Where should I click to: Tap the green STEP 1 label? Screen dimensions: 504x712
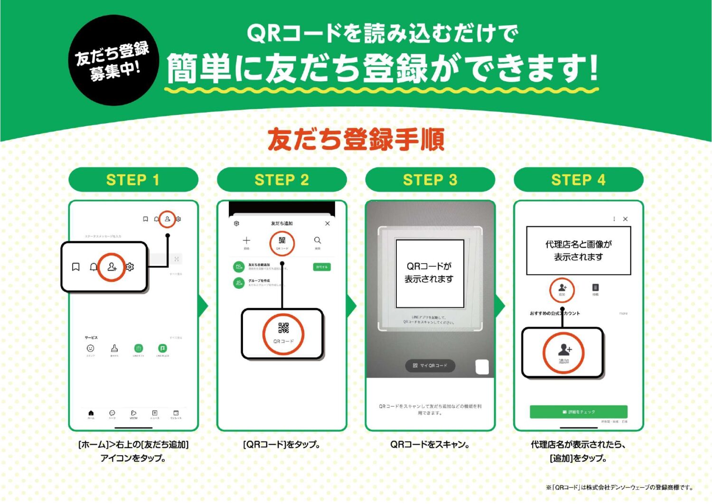133,180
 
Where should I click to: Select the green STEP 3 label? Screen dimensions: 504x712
430,180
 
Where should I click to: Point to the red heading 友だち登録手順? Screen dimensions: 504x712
356,139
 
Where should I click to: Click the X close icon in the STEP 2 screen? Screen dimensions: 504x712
328,223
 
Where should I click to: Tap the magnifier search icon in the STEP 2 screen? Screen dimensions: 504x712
318,240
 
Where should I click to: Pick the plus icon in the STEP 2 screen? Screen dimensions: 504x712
246,240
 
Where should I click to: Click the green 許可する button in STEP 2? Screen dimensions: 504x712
322,267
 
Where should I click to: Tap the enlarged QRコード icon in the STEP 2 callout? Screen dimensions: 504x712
283,333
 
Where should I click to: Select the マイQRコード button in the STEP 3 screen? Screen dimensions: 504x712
430,365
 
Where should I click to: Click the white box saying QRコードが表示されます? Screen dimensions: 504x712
430,273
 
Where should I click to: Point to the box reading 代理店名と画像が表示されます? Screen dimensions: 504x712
579,250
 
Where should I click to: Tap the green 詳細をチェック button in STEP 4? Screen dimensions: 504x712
579,412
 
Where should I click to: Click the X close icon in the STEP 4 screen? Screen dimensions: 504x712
625,219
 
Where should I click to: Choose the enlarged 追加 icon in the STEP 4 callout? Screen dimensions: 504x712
564,353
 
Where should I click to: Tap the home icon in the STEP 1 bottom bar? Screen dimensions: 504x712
91,413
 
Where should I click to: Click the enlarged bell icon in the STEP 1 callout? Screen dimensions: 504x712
94,267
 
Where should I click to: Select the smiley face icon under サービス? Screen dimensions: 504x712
90,348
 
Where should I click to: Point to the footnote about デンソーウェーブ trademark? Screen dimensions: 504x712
619,487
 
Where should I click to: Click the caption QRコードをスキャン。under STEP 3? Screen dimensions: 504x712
430,445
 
